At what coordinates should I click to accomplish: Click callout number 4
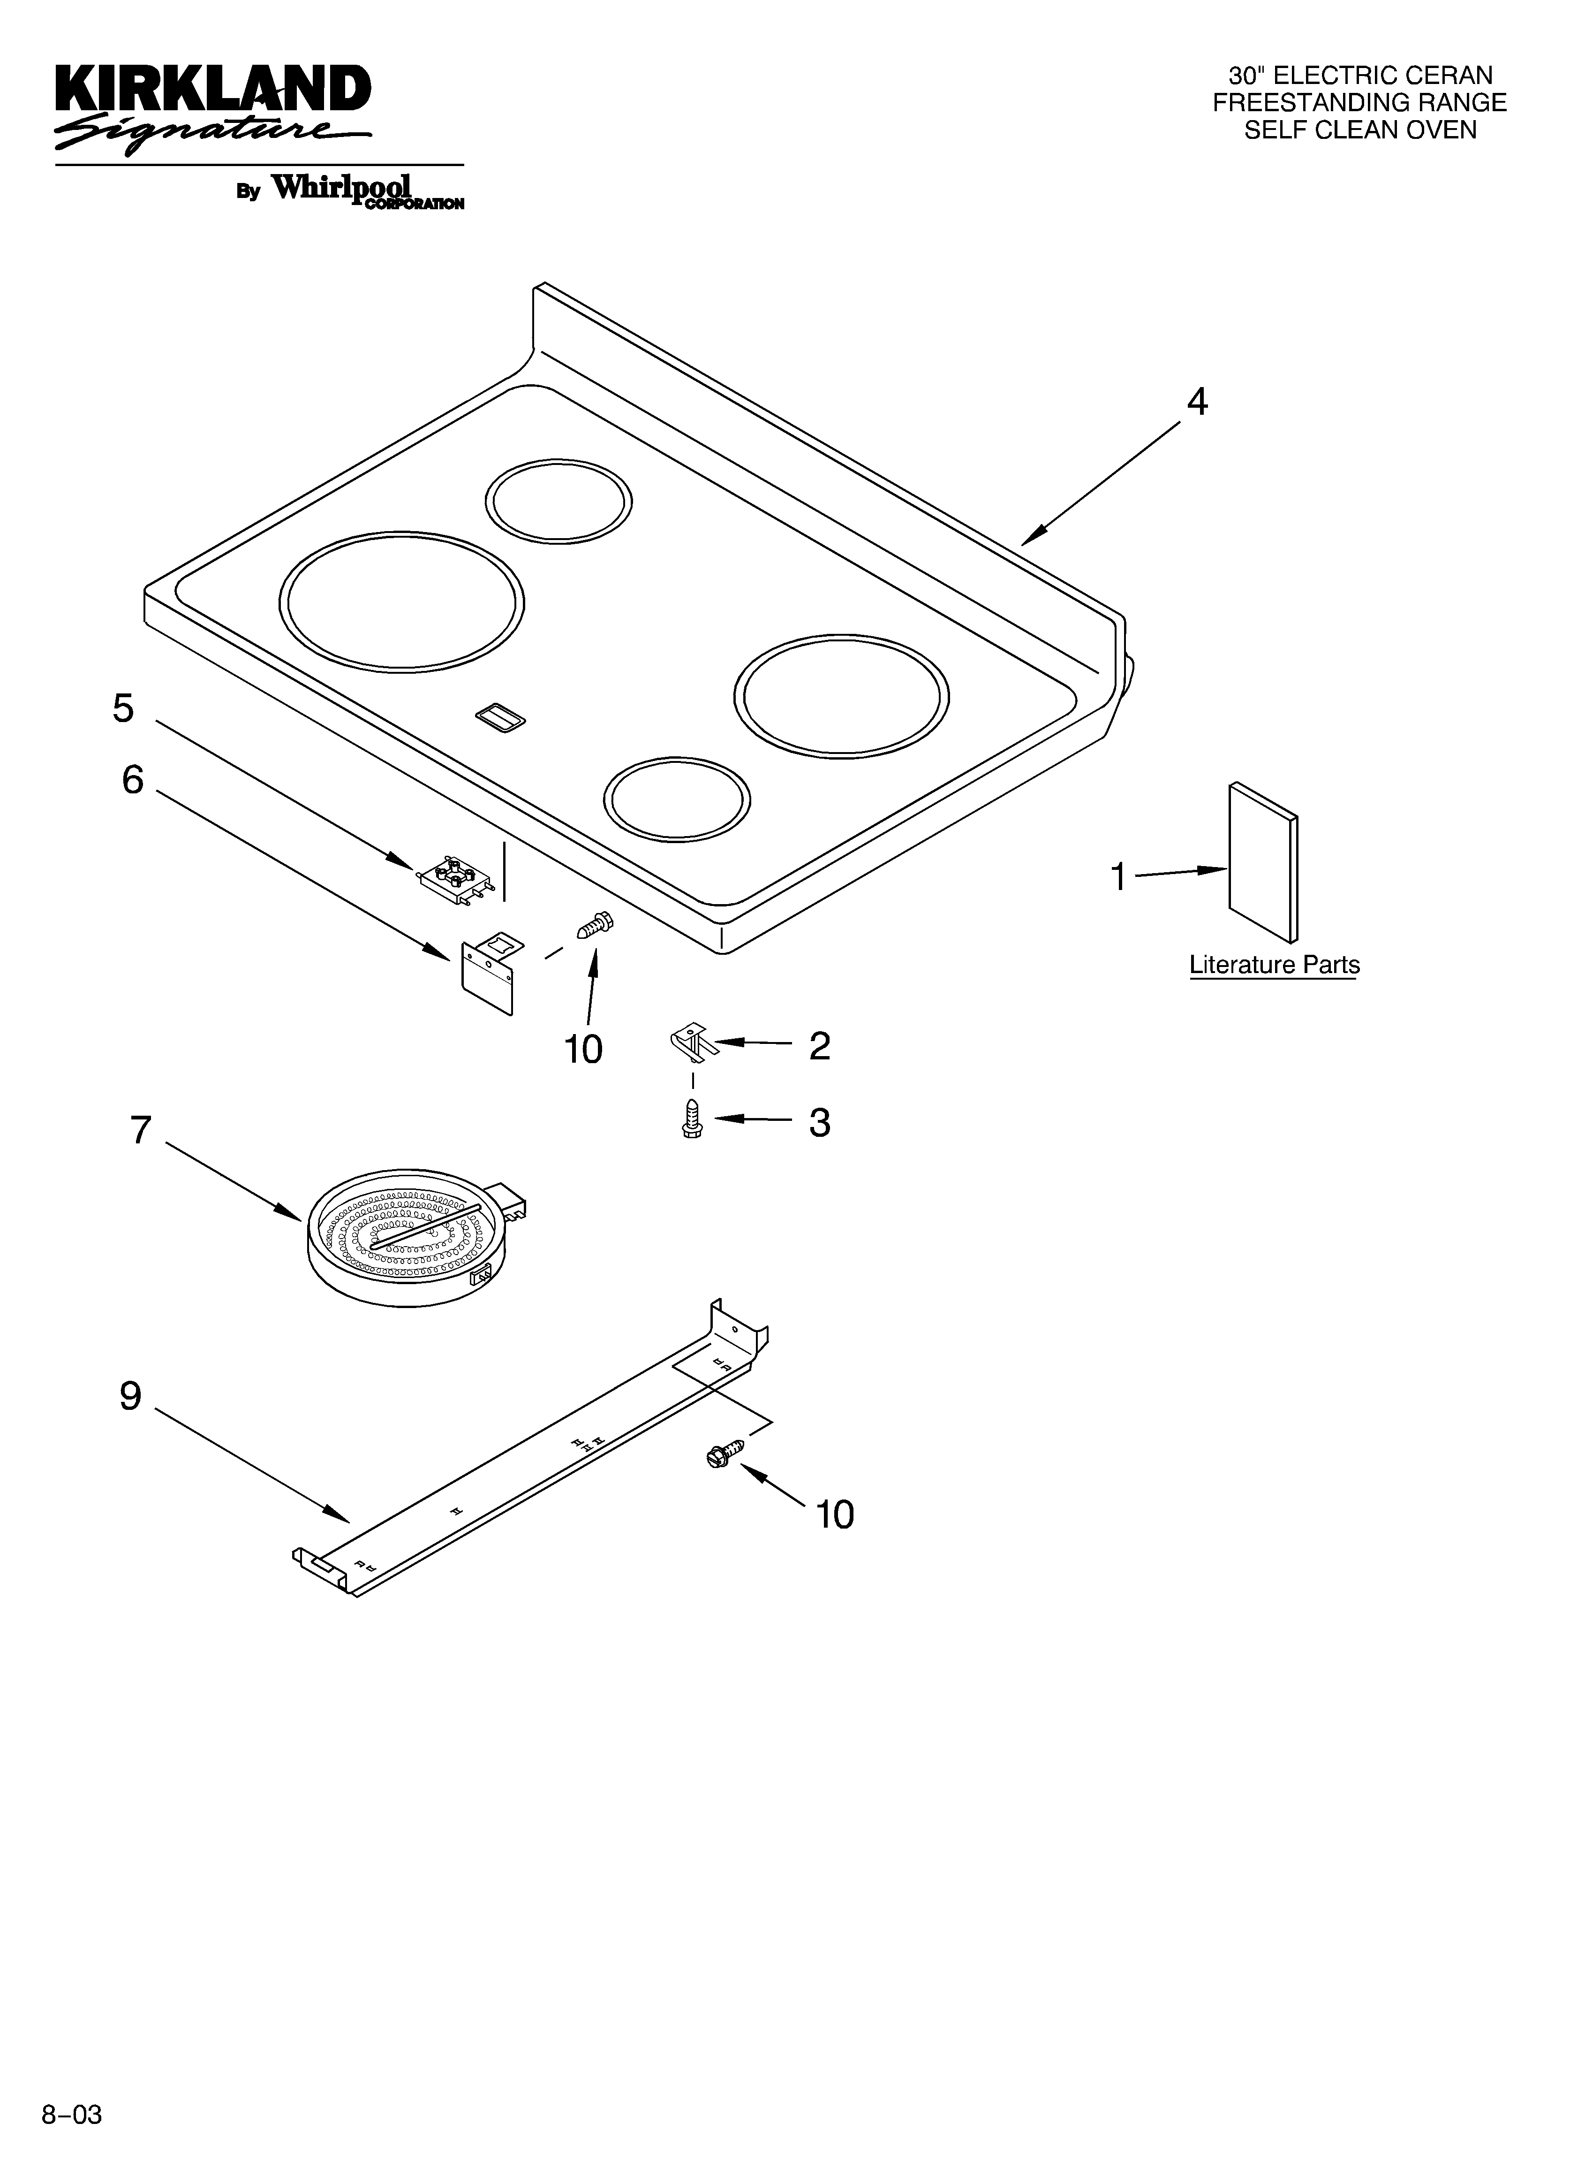pos(1196,403)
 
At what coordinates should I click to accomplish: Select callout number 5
pos(123,708)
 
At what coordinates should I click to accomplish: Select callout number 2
pos(819,1046)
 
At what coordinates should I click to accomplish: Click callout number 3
pos(819,1123)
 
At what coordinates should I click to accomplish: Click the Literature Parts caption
pos(1274,965)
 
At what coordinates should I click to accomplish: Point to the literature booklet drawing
pos(1262,861)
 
